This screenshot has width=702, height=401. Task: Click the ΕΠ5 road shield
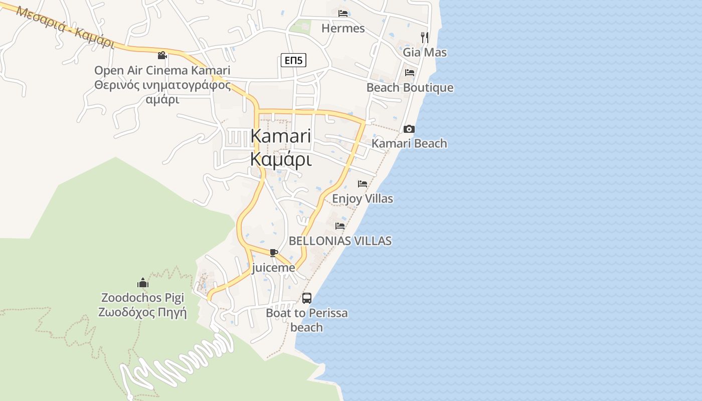coord(293,61)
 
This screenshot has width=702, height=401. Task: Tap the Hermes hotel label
coord(343,28)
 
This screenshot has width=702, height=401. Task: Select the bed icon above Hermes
coord(343,13)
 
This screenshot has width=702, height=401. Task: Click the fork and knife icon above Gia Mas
coord(425,37)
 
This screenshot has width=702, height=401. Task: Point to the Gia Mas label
coord(425,52)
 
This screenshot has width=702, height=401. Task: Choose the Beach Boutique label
coord(410,88)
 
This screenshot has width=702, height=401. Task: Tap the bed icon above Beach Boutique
coord(410,72)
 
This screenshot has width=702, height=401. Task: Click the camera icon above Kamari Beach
coord(409,129)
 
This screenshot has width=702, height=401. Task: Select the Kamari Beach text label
coord(409,143)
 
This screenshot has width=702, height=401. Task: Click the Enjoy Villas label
coord(363,198)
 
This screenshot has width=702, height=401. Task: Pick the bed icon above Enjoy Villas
coord(363,184)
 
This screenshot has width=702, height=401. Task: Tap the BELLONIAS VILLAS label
coord(340,241)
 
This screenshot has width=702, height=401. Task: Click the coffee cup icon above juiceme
coord(273,253)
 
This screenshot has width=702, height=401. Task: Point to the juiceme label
coord(273,268)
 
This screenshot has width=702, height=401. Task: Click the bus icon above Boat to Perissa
coord(307,298)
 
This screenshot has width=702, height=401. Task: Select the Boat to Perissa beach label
coord(307,320)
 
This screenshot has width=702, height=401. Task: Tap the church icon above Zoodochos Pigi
coord(143,283)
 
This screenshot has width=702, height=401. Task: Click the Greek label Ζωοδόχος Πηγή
coord(143,313)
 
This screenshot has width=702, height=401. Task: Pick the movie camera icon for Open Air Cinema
coord(162,56)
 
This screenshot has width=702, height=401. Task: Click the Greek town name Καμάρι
coord(281,159)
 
